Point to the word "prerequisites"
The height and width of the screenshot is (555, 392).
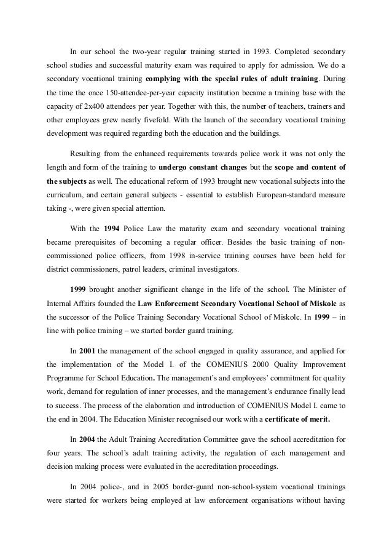tap(103, 242)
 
